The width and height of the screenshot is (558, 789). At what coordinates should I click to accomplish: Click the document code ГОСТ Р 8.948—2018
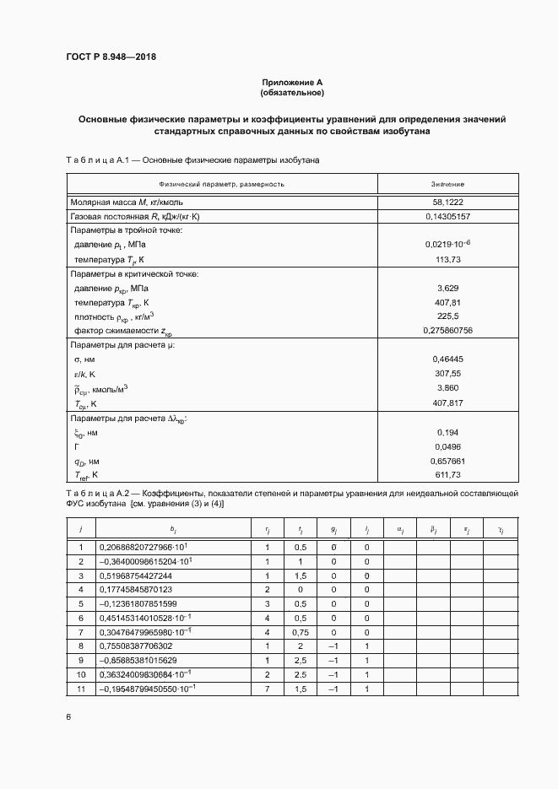(x=111, y=57)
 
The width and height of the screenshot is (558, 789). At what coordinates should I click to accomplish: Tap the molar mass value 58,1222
(x=447, y=203)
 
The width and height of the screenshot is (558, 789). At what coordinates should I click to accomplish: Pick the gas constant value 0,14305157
(x=447, y=217)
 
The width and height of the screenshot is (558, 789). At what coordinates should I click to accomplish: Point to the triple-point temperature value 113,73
(x=447, y=259)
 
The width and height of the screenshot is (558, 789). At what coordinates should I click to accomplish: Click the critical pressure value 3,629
(x=447, y=288)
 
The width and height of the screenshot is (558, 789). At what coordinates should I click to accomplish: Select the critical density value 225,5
(x=447, y=316)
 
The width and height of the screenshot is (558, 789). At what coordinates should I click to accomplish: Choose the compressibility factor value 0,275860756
(x=447, y=330)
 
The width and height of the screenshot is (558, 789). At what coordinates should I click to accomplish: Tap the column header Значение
(x=447, y=183)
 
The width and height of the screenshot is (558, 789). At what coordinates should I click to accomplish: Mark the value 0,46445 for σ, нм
(x=447, y=359)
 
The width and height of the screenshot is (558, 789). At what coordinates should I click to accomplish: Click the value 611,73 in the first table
(x=447, y=475)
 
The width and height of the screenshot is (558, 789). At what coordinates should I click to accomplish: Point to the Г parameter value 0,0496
(x=447, y=446)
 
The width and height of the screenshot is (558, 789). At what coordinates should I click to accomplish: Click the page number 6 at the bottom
(x=69, y=717)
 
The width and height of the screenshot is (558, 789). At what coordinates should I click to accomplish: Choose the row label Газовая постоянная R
(x=134, y=217)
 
